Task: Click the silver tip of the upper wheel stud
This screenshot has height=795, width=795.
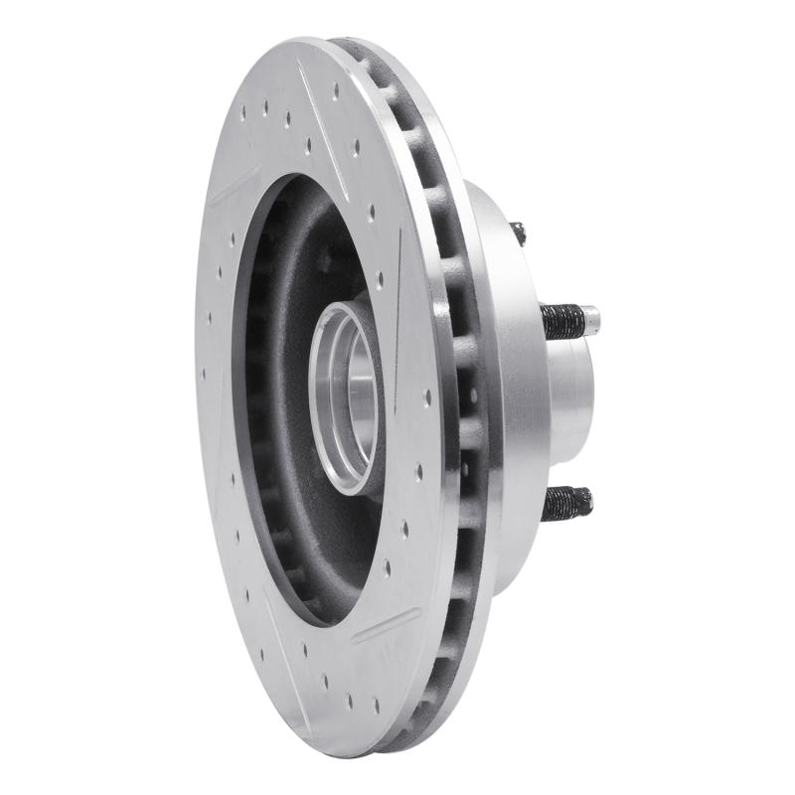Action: pyautogui.click(x=591, y=318)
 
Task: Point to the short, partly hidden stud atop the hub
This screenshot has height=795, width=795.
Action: pyautogui.click(x=518, y=234)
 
